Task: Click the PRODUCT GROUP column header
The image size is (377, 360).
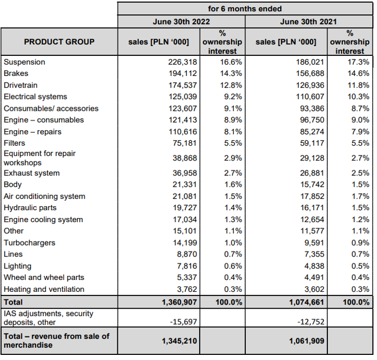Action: [59, 42]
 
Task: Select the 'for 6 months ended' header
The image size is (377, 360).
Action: [245, 9]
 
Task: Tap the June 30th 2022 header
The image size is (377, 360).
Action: [181, 22]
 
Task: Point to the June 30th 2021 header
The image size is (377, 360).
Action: [308, 22]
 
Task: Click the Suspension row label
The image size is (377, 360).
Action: [24, 62]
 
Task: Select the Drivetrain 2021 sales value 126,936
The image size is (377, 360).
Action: [307, 85]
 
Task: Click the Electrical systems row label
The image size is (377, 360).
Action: [35, 96]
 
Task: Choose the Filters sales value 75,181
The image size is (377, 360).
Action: [182, 143]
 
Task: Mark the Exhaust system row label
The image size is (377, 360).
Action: [31, 173]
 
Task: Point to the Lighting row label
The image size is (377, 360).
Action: [17, 266]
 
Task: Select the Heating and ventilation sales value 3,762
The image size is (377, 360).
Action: [184, 289]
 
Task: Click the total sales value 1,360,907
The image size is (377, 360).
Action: [176, 302]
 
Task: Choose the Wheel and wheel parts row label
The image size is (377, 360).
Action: [44, 277]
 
